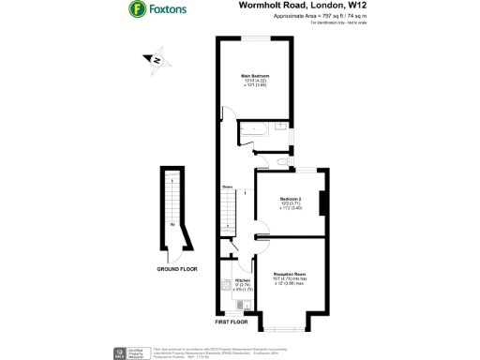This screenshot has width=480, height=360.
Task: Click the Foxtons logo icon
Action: (x=137, y=10)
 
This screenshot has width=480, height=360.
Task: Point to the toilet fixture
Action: (x=247, y=143)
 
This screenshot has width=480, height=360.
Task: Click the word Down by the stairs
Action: (x=228, y=187)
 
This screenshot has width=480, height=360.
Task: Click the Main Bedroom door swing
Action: (x=229, y=114)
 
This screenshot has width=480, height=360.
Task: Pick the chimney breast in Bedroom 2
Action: (x=323, y=203)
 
